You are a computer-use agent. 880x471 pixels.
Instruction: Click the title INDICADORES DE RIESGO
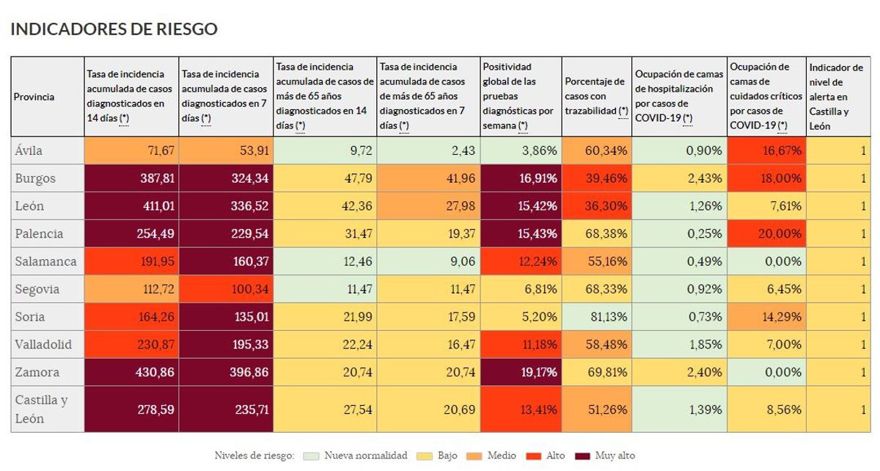click(114, 29)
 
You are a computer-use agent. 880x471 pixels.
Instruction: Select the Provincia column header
click(34, 97)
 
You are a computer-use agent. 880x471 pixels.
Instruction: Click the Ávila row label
click(29, 150)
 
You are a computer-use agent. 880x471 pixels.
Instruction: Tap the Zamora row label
click(36, 372)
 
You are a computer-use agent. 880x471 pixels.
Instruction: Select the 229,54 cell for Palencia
click(225, 234)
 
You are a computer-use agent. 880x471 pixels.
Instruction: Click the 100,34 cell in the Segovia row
click(225, 289)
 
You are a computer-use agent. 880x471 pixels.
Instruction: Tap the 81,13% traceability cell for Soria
click(596, 317)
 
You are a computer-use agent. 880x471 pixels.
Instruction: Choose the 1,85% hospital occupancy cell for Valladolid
click(679, 344)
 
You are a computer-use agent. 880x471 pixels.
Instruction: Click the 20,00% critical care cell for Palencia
click(766, 234)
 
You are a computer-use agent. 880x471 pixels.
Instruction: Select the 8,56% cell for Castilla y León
click(766, 409)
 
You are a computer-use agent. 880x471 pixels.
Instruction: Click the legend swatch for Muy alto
click(584, 456)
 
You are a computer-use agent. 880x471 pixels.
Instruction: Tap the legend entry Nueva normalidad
click(365, 456)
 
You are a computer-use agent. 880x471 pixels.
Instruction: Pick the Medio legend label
click(501, 456)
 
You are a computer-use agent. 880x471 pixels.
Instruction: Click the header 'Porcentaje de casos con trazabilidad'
click(596, 96)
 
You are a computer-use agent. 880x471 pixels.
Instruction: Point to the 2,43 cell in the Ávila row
click(428, 150)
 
